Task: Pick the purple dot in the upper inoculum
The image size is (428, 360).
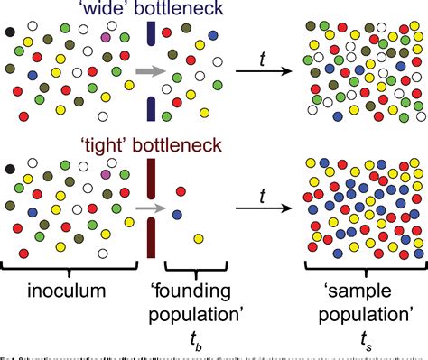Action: [x=106, y=38]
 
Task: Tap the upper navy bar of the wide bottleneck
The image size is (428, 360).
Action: [x=150, y=34]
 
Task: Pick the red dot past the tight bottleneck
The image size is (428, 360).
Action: [x=181, y=190]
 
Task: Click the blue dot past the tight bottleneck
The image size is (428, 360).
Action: [x=177, y=214]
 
